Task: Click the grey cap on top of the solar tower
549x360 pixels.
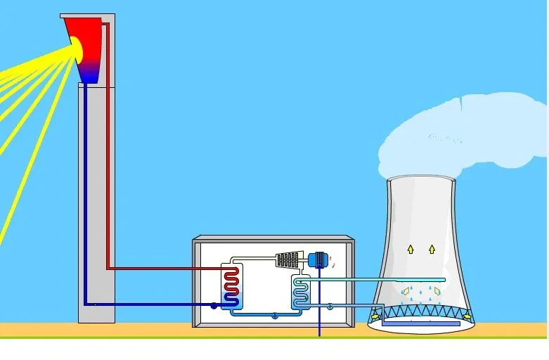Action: pos(89,15)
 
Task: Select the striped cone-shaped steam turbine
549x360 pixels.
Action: pos(288,259)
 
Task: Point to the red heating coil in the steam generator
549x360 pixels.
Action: pos(231,284)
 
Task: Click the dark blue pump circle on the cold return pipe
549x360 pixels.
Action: pos(214,306)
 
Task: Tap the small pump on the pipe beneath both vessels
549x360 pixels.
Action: pos(275,316)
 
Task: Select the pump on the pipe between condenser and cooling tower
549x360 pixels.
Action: pos(330,305)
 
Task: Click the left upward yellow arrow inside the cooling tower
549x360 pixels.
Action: pos(411,249)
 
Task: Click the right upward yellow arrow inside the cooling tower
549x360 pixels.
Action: pos(432,249)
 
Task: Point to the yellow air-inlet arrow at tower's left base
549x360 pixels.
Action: pos(377,316)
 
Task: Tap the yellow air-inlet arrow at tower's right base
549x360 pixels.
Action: pos(466,316)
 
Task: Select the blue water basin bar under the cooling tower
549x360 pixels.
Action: pos(422,323)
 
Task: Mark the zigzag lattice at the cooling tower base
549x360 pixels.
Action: pos(422,310)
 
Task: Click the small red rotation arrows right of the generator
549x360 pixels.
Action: pos(332,261)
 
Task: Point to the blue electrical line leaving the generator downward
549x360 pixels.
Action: pos(320,309)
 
